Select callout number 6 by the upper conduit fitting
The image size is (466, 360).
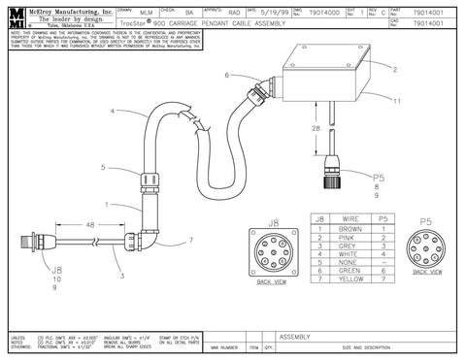tap(227, 75)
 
